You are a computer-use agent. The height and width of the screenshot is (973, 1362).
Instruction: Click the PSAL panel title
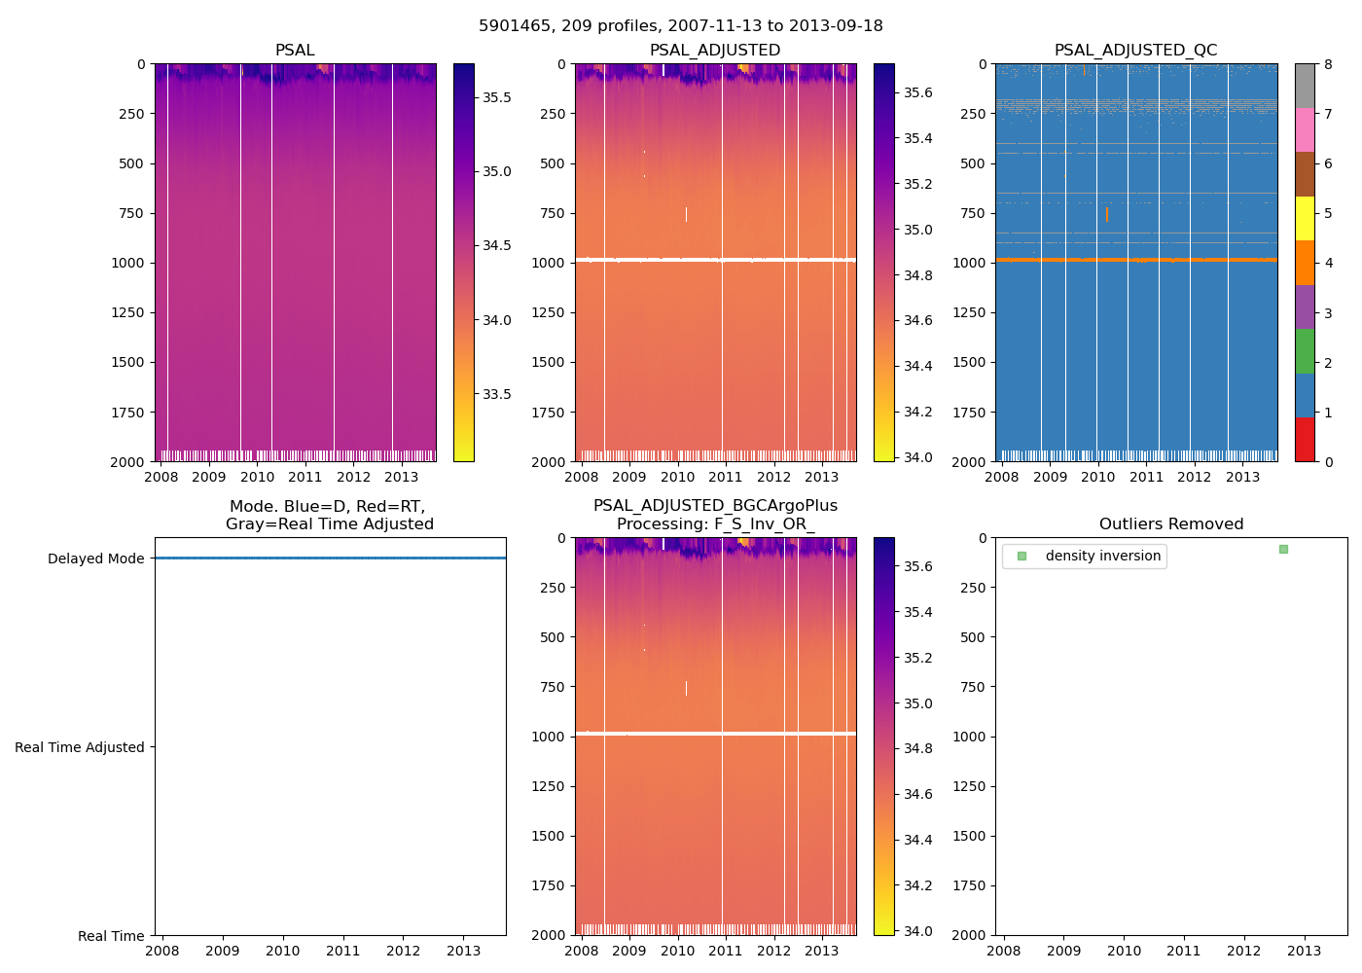point(295,51)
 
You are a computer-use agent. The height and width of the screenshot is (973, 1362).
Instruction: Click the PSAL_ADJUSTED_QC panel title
point(1135,51)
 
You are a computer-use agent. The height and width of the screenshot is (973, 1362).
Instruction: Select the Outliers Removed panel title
point(1171,524)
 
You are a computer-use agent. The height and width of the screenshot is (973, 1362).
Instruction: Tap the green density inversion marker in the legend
point(1021,556)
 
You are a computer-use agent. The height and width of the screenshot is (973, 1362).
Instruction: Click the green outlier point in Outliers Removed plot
point(1283,550)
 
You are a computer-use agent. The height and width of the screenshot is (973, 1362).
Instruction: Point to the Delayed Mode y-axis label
point(95,559)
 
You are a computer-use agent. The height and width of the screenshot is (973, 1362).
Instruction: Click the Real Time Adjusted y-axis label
point(80,747)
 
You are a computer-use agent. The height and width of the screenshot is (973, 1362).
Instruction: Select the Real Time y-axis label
point(111,936)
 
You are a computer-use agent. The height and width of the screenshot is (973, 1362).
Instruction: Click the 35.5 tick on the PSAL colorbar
point(497,97)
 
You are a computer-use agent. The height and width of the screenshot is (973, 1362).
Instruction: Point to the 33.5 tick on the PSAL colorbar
point(497,394)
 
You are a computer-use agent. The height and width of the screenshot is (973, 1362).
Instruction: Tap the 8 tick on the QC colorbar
point(1329,64)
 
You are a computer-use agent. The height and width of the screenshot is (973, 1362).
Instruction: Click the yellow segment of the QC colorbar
point(1305,218)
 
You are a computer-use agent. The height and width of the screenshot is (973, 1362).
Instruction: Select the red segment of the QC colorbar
point(1305,439)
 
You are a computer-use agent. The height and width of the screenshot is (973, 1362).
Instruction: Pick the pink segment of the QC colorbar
point(1305,129)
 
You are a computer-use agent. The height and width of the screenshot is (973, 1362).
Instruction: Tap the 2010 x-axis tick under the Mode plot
point(283,951)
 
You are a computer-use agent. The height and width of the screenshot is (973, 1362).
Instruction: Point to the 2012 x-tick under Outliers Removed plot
point(1244,951)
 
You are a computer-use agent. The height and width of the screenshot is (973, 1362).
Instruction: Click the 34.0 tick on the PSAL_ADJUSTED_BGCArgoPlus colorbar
point(918,931)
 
